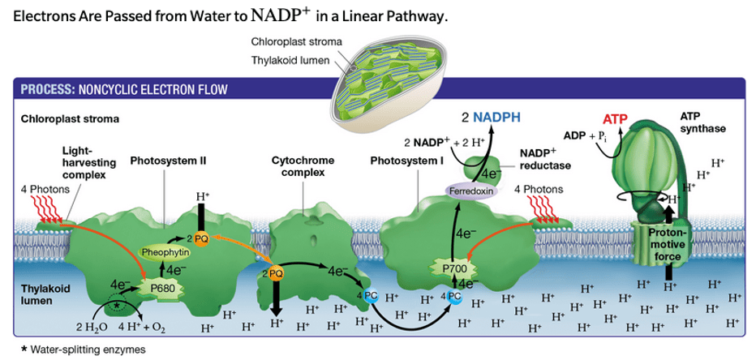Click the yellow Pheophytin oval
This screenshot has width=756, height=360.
(164, 252)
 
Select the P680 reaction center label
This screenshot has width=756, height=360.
(161, 289)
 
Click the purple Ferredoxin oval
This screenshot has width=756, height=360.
(471, 191)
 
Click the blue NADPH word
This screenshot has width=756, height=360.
(497, 118)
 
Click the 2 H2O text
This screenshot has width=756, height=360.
(91, 329)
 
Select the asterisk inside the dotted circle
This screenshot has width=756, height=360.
(117, 306)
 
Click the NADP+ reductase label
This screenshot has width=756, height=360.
(545, 160)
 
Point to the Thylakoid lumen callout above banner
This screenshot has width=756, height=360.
(290, 60)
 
